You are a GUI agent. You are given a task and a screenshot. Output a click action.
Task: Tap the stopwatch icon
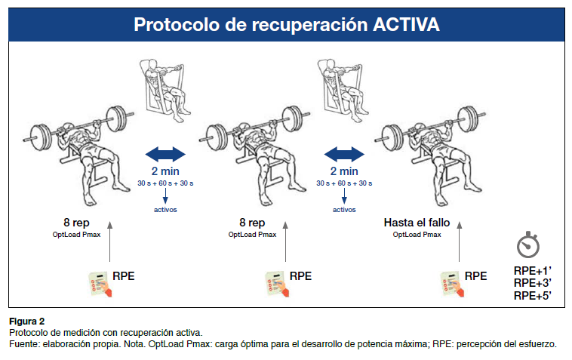point(527,245)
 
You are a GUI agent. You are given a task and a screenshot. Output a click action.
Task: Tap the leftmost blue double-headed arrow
point(165,155)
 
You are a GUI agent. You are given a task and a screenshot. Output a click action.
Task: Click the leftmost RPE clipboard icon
point(95,284)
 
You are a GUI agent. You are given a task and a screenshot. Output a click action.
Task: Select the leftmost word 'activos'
point(165,209)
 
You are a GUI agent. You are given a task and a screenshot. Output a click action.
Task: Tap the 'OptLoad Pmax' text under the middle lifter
point(252,235)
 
